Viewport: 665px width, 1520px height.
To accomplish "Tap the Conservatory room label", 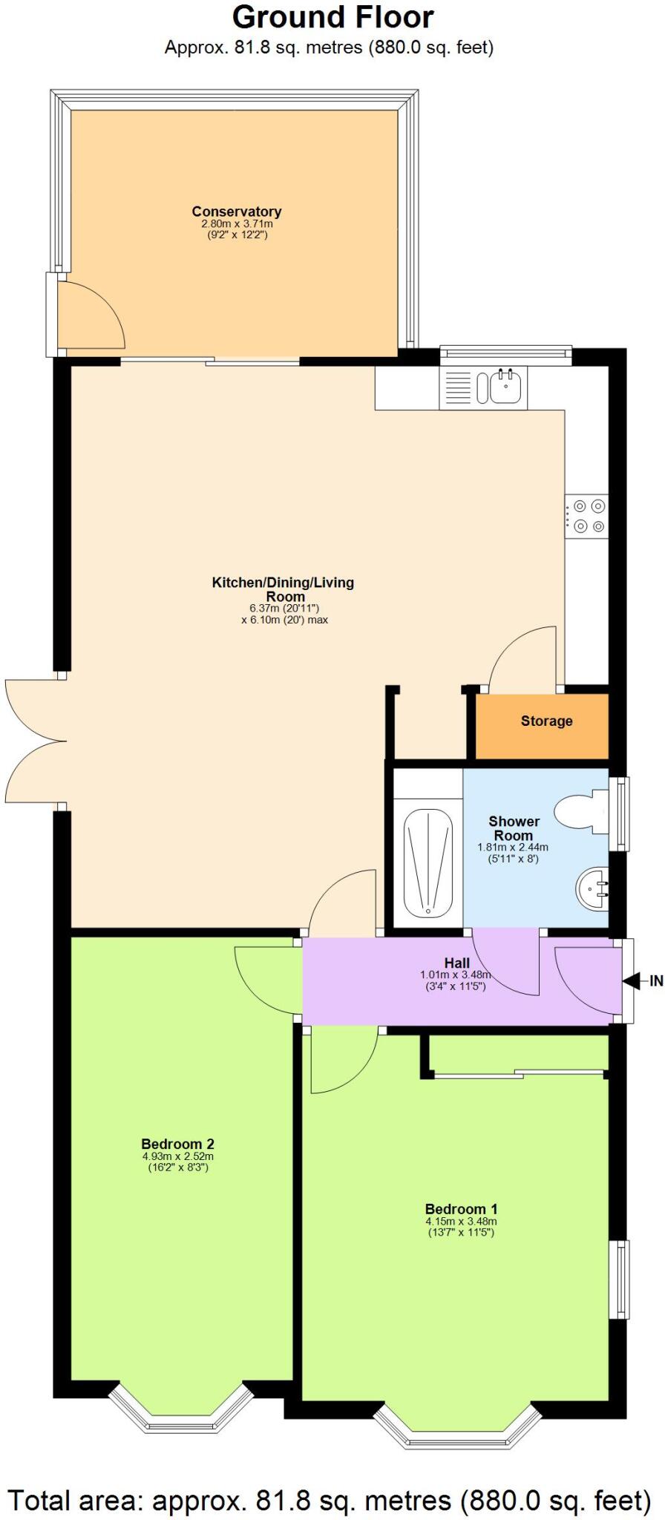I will (x=236, y=212).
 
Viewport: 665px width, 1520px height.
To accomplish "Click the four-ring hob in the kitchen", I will (x=588, y=517).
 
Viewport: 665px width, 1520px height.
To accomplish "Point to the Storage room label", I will (x=546, y=721).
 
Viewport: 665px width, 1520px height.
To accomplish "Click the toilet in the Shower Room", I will (x=582, y=813).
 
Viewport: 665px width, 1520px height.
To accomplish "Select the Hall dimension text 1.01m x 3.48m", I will (x=456, y=975).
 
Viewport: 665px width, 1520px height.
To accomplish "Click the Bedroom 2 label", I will (x=177, y=1144).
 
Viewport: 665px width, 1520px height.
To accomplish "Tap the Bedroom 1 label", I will (x=461, y=1208).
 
